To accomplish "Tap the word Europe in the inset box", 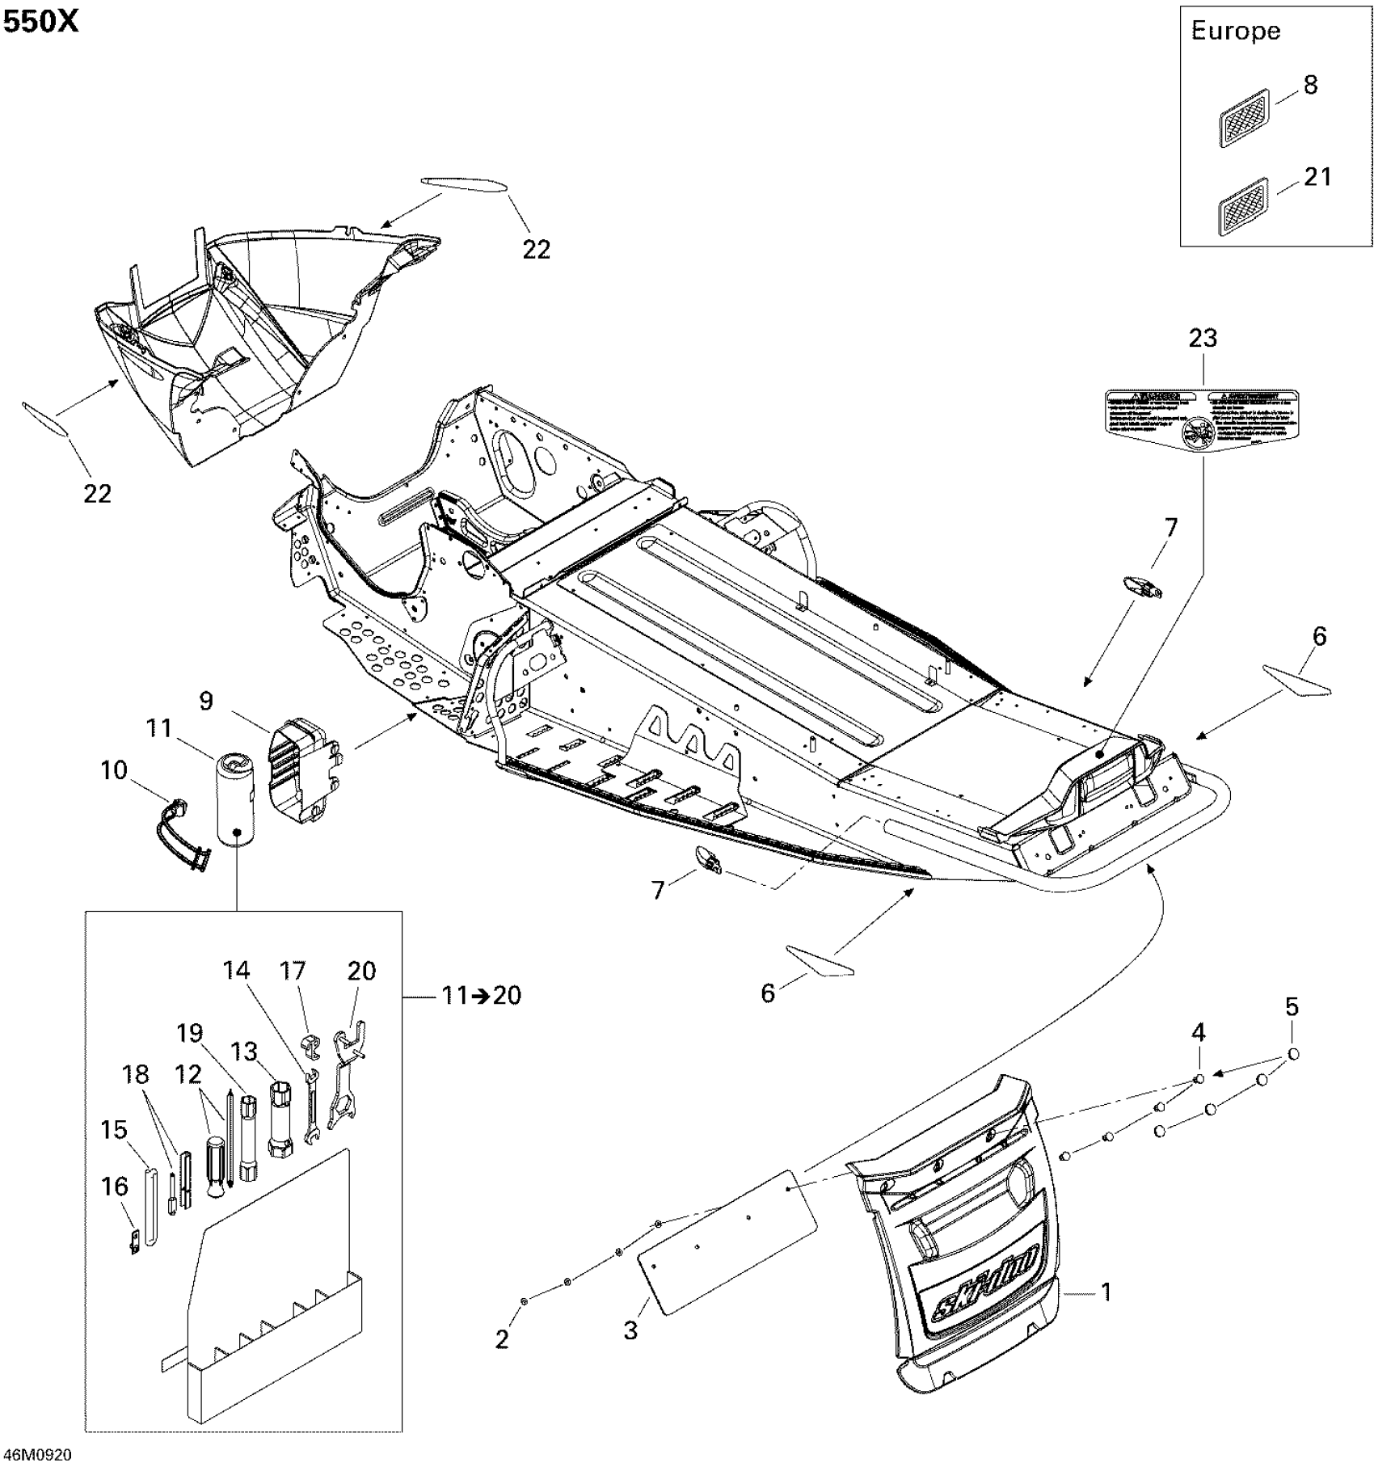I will tap(1235, 32).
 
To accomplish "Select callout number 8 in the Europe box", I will tap(1310, 85).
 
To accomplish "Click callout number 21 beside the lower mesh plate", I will tap(1317, 176).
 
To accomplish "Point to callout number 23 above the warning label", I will tap(1203, 338).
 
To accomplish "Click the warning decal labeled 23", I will tap(1201, 419).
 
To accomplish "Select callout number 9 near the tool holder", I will tap(206, 700).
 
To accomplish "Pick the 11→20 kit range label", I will tap(482, 995).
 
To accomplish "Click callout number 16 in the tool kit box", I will tap(115, 1187).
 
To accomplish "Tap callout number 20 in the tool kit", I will tap(361, 970).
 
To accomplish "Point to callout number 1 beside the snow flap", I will tap(1106, 1292).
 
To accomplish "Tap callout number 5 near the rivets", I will tap(1292, 1007).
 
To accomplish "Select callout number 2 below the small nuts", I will tap(502, 1340).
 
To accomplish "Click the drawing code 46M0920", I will tap(36, 1455).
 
